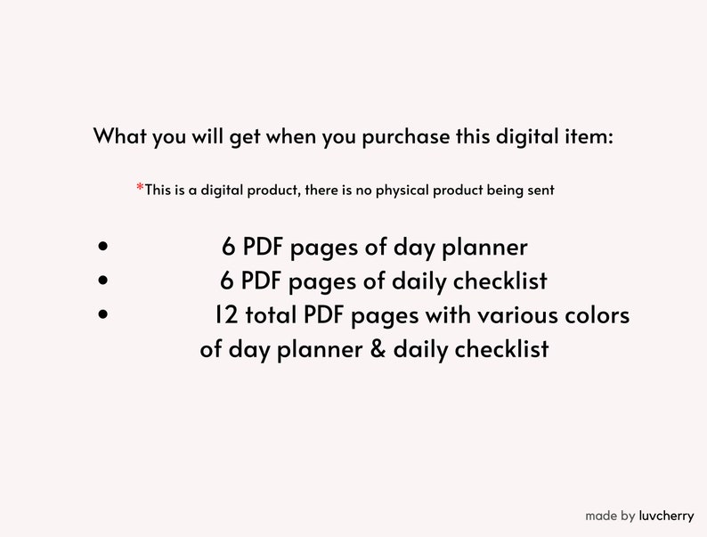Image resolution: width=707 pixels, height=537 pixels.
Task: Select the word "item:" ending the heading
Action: pyautogui.click(x=589, y=137)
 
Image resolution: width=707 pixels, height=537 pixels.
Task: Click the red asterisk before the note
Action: pyautogui.click(x=140, y=188)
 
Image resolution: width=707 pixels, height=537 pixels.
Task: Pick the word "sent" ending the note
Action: pyautogui.click(x=540, y=190)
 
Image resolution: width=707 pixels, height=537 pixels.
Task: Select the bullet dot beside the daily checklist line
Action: pyautogui.click(x=105, y=281)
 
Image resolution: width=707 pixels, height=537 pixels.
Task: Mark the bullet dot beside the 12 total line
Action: pyautogui.click(x=105, y=315)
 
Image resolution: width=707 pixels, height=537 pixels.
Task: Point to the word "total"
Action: pyautogui.click(x=268, y=315)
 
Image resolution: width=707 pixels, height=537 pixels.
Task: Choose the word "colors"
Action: pyautogui.click(x=596, y=315)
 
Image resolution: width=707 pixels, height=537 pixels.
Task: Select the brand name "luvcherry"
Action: pyautogui.click(x=666, y=516)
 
